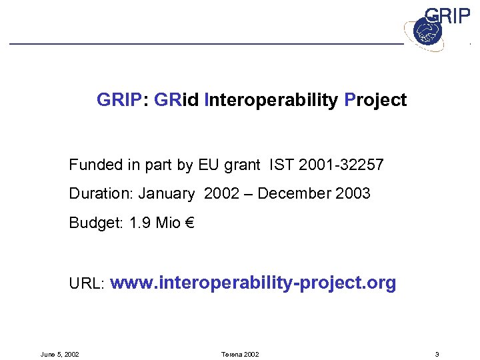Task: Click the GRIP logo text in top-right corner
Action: coord(447,16)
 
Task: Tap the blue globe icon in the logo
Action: coord(423,31)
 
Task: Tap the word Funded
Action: coord(94,165)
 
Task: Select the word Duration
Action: coord(100,194)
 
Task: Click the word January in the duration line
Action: coord(167,194)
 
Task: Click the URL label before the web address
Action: coord(86,284)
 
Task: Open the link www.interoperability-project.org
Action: coord(253,283)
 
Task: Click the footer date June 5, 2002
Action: coord(60,354)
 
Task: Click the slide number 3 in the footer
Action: coord(436,354)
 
